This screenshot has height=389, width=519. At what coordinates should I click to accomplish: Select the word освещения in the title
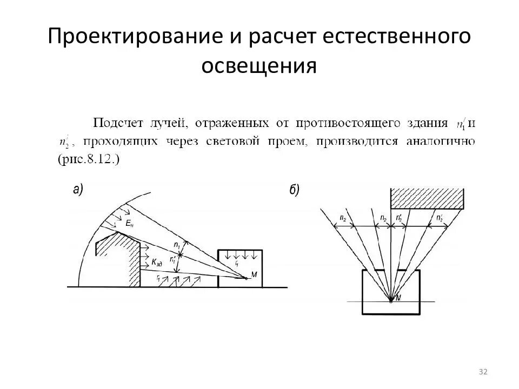coord(259,66)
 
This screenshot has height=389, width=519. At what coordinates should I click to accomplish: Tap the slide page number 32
coord(483,372)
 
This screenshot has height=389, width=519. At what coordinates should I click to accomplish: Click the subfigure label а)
coord(78,189)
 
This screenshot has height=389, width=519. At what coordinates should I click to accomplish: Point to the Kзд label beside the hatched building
coord(157,263)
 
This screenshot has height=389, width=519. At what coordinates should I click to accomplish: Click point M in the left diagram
coord(246,278)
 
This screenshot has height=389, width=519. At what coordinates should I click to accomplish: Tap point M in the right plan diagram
coord(391,298)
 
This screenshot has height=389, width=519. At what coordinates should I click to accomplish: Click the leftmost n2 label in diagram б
coord(343,218)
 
